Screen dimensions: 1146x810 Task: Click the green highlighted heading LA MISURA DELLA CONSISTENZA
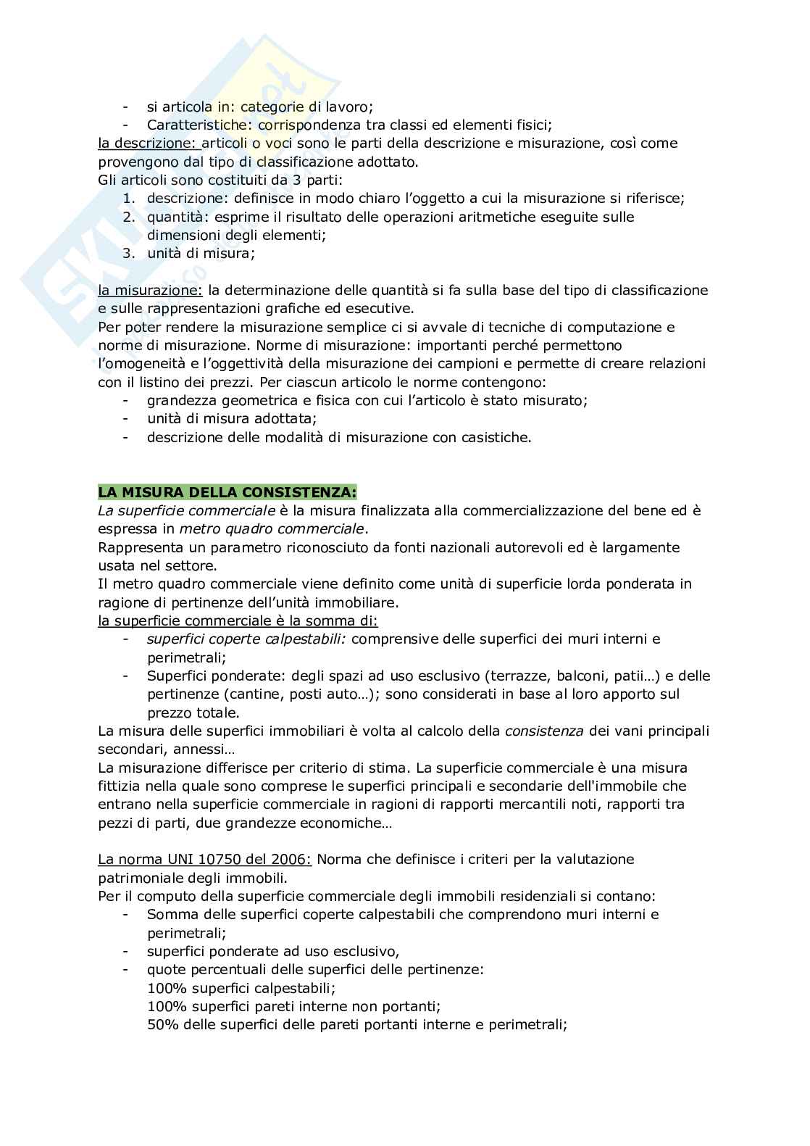227,492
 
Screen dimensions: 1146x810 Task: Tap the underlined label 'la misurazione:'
150,290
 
